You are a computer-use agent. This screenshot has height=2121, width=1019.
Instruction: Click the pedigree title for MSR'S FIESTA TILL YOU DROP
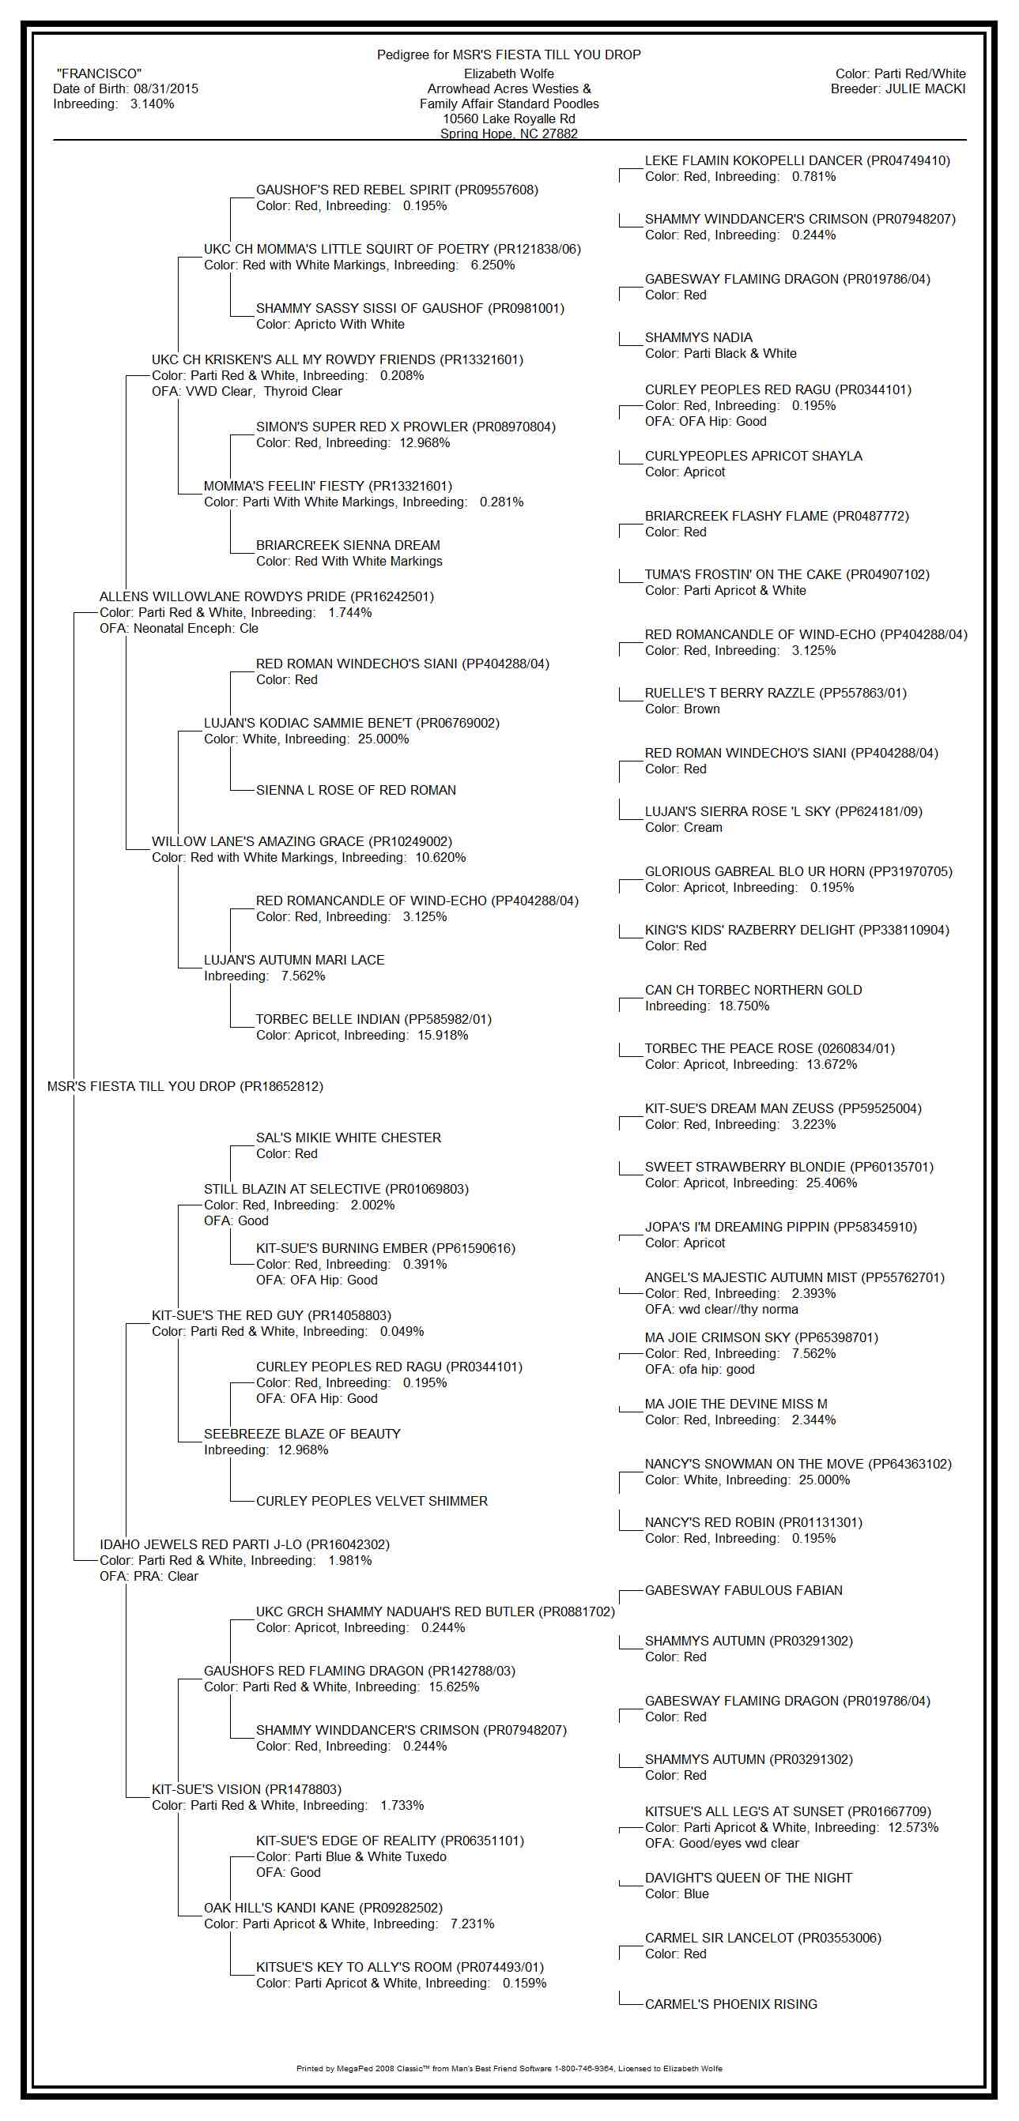pyautogui.click(x=508, y=55)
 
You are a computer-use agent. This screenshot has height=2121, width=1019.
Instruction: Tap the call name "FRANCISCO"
pyautogui.click(x=99, y=74)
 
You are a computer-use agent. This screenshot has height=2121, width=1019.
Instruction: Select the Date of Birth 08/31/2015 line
pyautogui.click(x=125, y=89)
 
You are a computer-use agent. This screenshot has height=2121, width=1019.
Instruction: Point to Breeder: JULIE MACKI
pyautogui.click(x=898, y=89)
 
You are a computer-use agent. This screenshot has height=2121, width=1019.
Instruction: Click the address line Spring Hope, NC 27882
pyautogui.click(x=508, y=134)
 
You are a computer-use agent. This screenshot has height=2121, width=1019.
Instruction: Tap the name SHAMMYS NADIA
pyautogui.click(x=698, y=337)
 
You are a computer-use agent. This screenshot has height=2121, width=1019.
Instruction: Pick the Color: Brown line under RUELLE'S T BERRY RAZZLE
pyautogui.click(x=682, y=709)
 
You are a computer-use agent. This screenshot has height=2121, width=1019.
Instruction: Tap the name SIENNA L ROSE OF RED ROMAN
pyautogui.click(x=356, y=791)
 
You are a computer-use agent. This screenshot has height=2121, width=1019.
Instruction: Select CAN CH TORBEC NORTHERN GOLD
pyautogui.click(x=753, y=990)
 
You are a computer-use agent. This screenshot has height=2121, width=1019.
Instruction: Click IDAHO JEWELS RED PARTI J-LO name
pyautogui.click(x=244, y=1544)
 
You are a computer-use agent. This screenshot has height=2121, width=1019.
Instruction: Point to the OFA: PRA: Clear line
pyautogui.click(x=149, y=1576)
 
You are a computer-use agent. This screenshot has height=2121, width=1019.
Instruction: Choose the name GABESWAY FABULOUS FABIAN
pyautogui.click(x=743, y=1590)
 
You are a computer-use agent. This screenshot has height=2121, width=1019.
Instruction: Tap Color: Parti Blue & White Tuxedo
pyautogui.click(x=351, y=1856)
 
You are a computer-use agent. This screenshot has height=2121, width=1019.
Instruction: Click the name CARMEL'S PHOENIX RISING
pyautogui.click(x=730, y=2004)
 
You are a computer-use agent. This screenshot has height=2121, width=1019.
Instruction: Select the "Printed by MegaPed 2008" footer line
pyautogui.click(x=508, y=2068)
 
